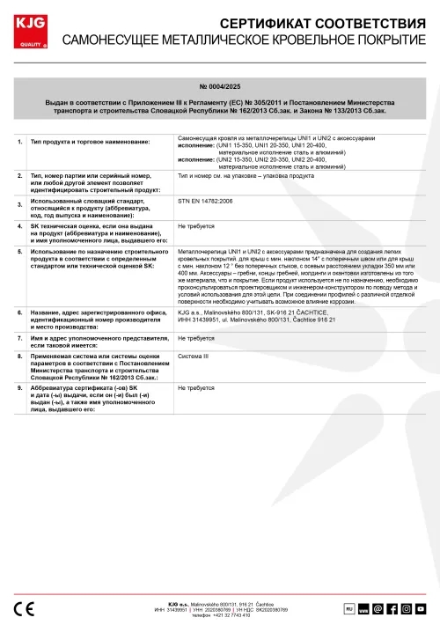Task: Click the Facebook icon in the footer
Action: (392, 608)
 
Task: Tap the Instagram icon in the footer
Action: (407, 608)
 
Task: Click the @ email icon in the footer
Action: (378, 608)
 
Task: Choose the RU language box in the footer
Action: (348, 608)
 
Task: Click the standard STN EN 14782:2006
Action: (209, 202)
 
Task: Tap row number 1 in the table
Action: (20, 141)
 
